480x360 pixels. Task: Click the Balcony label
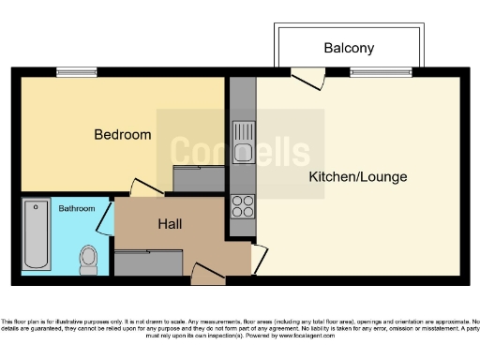click(x=349, y=48)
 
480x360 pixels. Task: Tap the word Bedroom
click(x=122, y=135)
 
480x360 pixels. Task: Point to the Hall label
click(x=170, y=225)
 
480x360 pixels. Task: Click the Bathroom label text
click(x=76, y=208)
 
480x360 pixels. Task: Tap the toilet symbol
click(x=88, y=260)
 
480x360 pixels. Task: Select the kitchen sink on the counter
click(x=243, y=141)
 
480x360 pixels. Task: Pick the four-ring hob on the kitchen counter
click(x=243, y=205)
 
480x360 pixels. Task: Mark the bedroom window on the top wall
click(x=76, y=72)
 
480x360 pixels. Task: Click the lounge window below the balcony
click(x=381, y=72)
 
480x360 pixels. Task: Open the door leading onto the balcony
click(x=307, y=80)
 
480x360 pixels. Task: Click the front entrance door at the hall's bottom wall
click(x=207, y=274)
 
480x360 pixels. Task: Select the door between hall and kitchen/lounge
click(x=259, y=258)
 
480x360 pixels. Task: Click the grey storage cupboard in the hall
click(x=149, y=262)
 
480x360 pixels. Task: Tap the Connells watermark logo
click(x=240, y=150)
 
